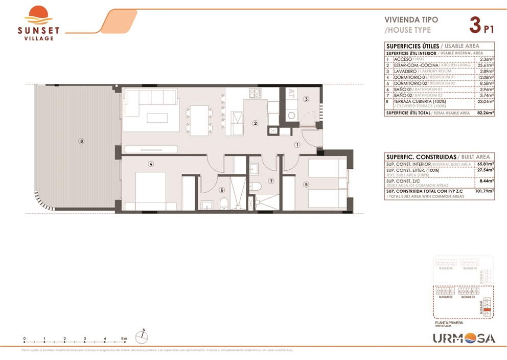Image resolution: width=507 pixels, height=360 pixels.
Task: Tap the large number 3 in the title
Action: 475,24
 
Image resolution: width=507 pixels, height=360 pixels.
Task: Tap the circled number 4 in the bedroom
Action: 151,164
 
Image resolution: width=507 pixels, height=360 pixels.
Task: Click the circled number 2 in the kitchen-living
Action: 255,123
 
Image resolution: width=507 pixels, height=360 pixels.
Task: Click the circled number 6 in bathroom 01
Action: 222,190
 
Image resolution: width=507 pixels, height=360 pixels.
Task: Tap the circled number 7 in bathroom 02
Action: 271,181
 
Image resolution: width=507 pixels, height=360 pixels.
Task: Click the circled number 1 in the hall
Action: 296,145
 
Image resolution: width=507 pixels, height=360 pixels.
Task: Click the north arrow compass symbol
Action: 143,336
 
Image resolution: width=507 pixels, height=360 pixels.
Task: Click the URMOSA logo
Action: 464,338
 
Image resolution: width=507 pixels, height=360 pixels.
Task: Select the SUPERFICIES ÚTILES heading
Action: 412,46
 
